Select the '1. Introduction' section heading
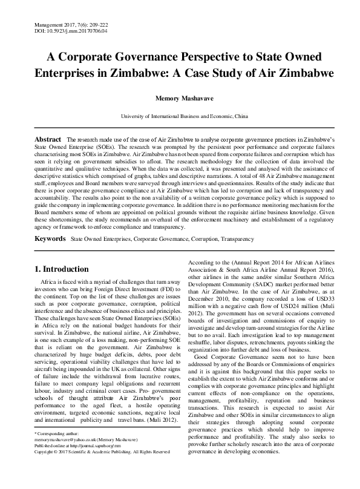click(x=62, y=269)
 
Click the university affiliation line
click(x=180, y=115)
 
